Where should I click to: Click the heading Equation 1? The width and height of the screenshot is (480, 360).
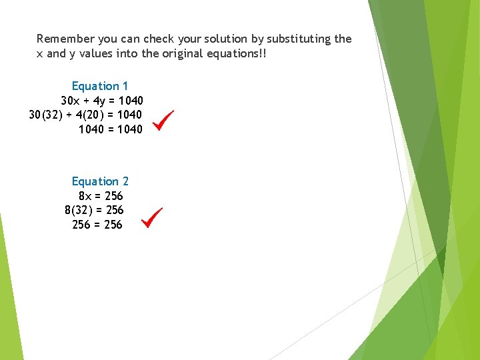(x=100, y=86)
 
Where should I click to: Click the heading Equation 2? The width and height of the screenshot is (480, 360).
(x=100, y=181)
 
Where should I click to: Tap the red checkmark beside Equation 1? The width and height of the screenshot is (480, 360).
(x=163, y=120)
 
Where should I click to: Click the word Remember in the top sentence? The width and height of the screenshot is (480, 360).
(x=65, y=39)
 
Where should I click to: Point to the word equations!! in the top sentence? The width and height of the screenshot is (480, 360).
(x=237, y=53)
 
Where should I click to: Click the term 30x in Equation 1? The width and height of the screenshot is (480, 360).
(x=70, y=101)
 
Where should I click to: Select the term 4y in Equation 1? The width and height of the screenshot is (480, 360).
(x=99, y=101)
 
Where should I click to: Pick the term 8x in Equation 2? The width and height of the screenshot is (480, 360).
(x=85, y=196)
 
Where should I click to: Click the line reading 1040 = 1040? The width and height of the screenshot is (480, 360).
(x=111, y=129)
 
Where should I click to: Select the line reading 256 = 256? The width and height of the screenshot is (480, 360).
(x=97, y=225)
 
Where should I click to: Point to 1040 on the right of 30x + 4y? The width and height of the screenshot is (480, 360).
(x=130, y=101)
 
